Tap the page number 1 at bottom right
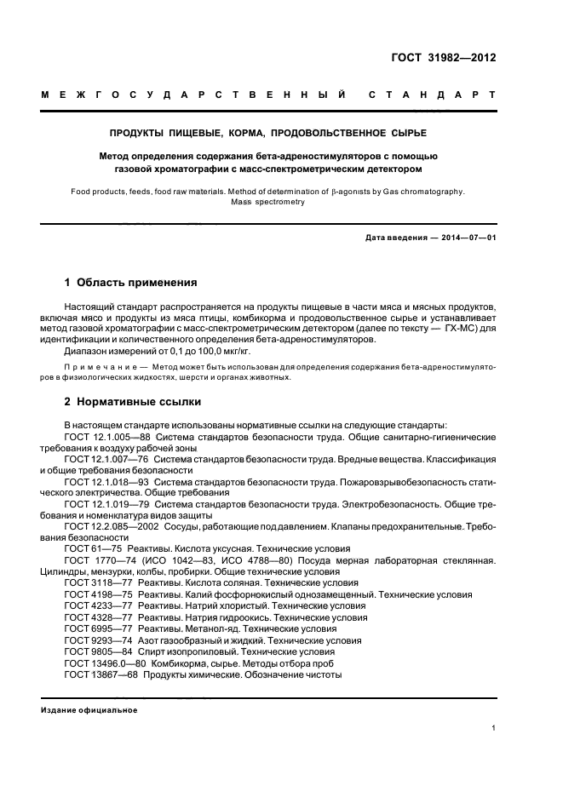[x=494, y=728]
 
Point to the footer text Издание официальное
[x=89, y=710]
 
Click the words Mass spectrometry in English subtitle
[x=267, y=203]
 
